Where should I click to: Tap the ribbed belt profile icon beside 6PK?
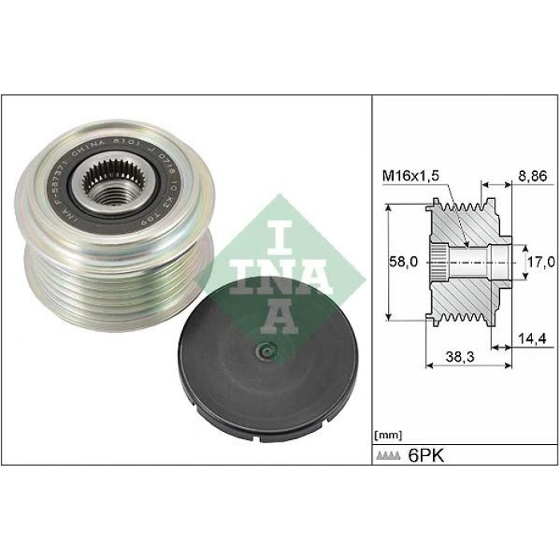389,456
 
